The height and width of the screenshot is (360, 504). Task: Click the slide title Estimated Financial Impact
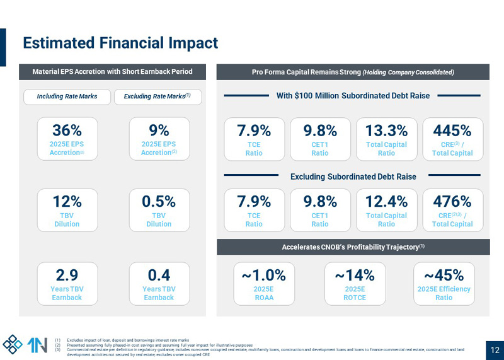120,43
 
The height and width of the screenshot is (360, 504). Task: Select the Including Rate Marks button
67,96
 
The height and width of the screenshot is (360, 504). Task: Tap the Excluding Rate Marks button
157,96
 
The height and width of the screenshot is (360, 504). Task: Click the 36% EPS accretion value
67,131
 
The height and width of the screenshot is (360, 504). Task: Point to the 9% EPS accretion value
159,131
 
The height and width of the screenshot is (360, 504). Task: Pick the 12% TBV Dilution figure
67,202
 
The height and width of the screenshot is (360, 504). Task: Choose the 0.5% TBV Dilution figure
159,202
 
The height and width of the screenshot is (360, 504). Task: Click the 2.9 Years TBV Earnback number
67,275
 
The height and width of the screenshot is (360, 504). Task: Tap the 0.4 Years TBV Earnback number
159,275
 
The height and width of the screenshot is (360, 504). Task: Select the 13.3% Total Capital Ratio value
387,131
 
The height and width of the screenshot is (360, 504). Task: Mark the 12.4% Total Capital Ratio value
387,202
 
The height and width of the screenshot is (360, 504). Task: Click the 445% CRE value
452,131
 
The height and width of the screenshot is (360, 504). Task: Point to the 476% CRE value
452,202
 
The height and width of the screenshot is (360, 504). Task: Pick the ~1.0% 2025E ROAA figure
263,276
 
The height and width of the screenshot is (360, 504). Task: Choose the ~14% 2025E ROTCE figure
355,276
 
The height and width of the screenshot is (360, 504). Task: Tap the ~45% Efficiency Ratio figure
444,276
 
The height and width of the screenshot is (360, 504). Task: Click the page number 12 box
495,350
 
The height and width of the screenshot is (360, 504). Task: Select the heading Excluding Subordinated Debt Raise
353,177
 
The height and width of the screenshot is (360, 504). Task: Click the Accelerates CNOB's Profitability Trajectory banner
353,247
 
